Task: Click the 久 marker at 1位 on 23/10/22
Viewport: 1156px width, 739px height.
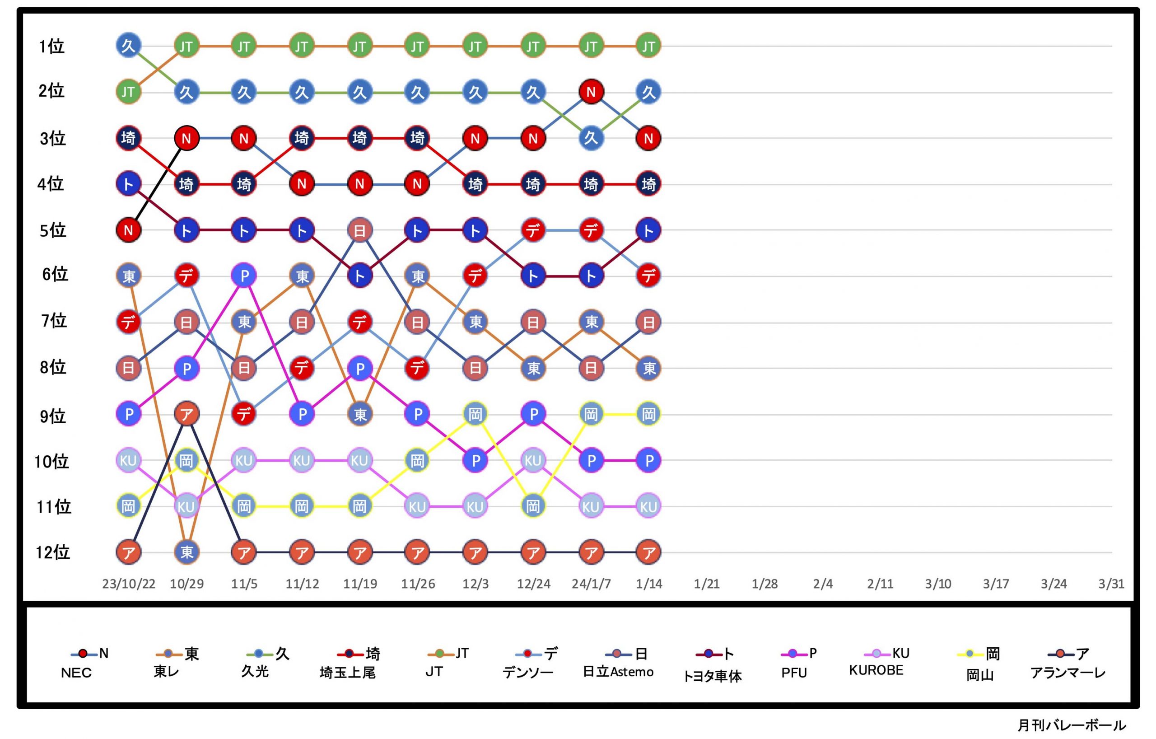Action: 129,46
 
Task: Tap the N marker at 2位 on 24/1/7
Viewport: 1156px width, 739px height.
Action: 591,92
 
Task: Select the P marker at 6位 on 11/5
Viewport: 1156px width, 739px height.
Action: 244,276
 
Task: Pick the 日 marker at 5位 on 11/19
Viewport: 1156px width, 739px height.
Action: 359,230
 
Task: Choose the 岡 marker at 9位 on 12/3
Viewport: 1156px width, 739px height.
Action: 475,414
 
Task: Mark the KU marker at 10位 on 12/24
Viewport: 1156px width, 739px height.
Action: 533,460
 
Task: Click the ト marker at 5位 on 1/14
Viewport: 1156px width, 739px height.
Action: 648,230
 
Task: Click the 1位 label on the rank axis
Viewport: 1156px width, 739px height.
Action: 52,47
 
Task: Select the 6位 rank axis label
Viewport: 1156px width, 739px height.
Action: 55,275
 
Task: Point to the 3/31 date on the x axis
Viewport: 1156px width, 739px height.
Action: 1111,584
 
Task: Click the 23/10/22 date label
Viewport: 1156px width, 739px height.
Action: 129,584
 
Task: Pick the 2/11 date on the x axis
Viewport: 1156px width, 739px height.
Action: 880,584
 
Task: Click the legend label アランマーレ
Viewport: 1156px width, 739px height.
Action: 1067,673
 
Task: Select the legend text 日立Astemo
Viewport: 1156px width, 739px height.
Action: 618,672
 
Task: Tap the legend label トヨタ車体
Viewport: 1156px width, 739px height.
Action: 712,676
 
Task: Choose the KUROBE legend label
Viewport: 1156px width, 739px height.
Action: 876,670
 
